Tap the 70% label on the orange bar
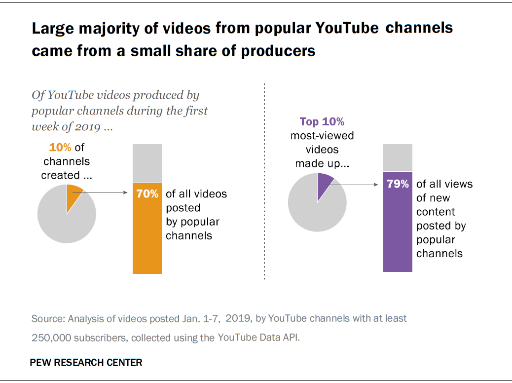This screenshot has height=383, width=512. click(147, 194)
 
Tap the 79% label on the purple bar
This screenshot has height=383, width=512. click(398, 184)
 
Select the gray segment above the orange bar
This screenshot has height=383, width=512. click(147, 163)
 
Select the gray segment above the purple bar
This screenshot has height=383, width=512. click(398, 157)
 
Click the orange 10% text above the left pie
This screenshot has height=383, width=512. click(59, 147)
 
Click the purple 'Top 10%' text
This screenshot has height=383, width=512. click(322, 121)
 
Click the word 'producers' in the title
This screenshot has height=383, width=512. click(278, 51)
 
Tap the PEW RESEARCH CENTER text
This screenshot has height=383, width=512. click(86, 362)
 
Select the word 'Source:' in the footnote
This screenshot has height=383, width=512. click(48, 318)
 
